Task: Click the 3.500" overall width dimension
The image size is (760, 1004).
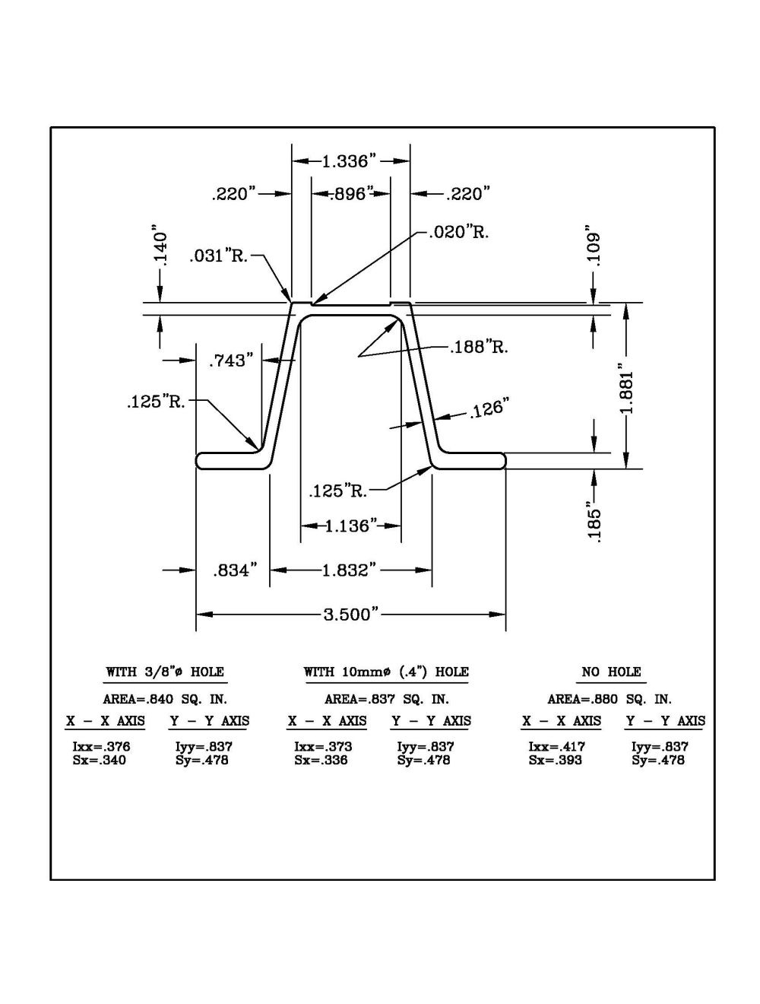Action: [350, 615]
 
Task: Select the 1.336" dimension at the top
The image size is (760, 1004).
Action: [350, 161]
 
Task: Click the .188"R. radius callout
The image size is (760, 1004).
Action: [479, 348]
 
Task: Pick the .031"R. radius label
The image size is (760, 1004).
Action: [219, 256]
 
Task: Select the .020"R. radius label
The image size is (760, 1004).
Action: [458, 232]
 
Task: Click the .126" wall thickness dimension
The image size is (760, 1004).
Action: [488, 410]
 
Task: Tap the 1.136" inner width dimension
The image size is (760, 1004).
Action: [351, 526]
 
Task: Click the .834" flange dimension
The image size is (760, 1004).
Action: [233, 570]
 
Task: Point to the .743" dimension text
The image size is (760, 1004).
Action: [229, 361]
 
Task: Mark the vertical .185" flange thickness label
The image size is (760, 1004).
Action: [594, 520]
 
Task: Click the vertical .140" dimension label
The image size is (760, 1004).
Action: [160, 243]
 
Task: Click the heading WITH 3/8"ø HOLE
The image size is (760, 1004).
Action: [164, 672]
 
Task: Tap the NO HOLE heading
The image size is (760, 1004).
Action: [611, 672]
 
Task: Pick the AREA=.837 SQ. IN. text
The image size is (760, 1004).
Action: [386, 699]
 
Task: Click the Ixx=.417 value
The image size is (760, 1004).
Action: [557, 747]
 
